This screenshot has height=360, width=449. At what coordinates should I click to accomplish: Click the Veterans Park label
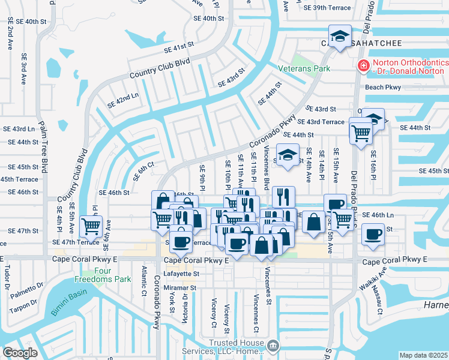pos(304,68)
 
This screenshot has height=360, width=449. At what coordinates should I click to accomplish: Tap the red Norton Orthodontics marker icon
pos(363,65)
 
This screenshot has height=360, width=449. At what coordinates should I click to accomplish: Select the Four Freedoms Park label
pos(103,275)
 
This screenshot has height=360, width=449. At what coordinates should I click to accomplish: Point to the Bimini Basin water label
pos(68,303)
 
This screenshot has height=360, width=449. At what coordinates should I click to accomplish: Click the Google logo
pos(20,352)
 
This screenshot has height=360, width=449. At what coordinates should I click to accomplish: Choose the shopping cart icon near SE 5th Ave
pos(91,226)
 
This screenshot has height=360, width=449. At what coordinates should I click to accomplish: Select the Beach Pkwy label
pos(382,87)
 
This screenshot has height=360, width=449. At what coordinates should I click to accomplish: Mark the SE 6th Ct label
pos(143,171)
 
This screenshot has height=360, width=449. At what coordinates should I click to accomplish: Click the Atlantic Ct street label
pos(143,277)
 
